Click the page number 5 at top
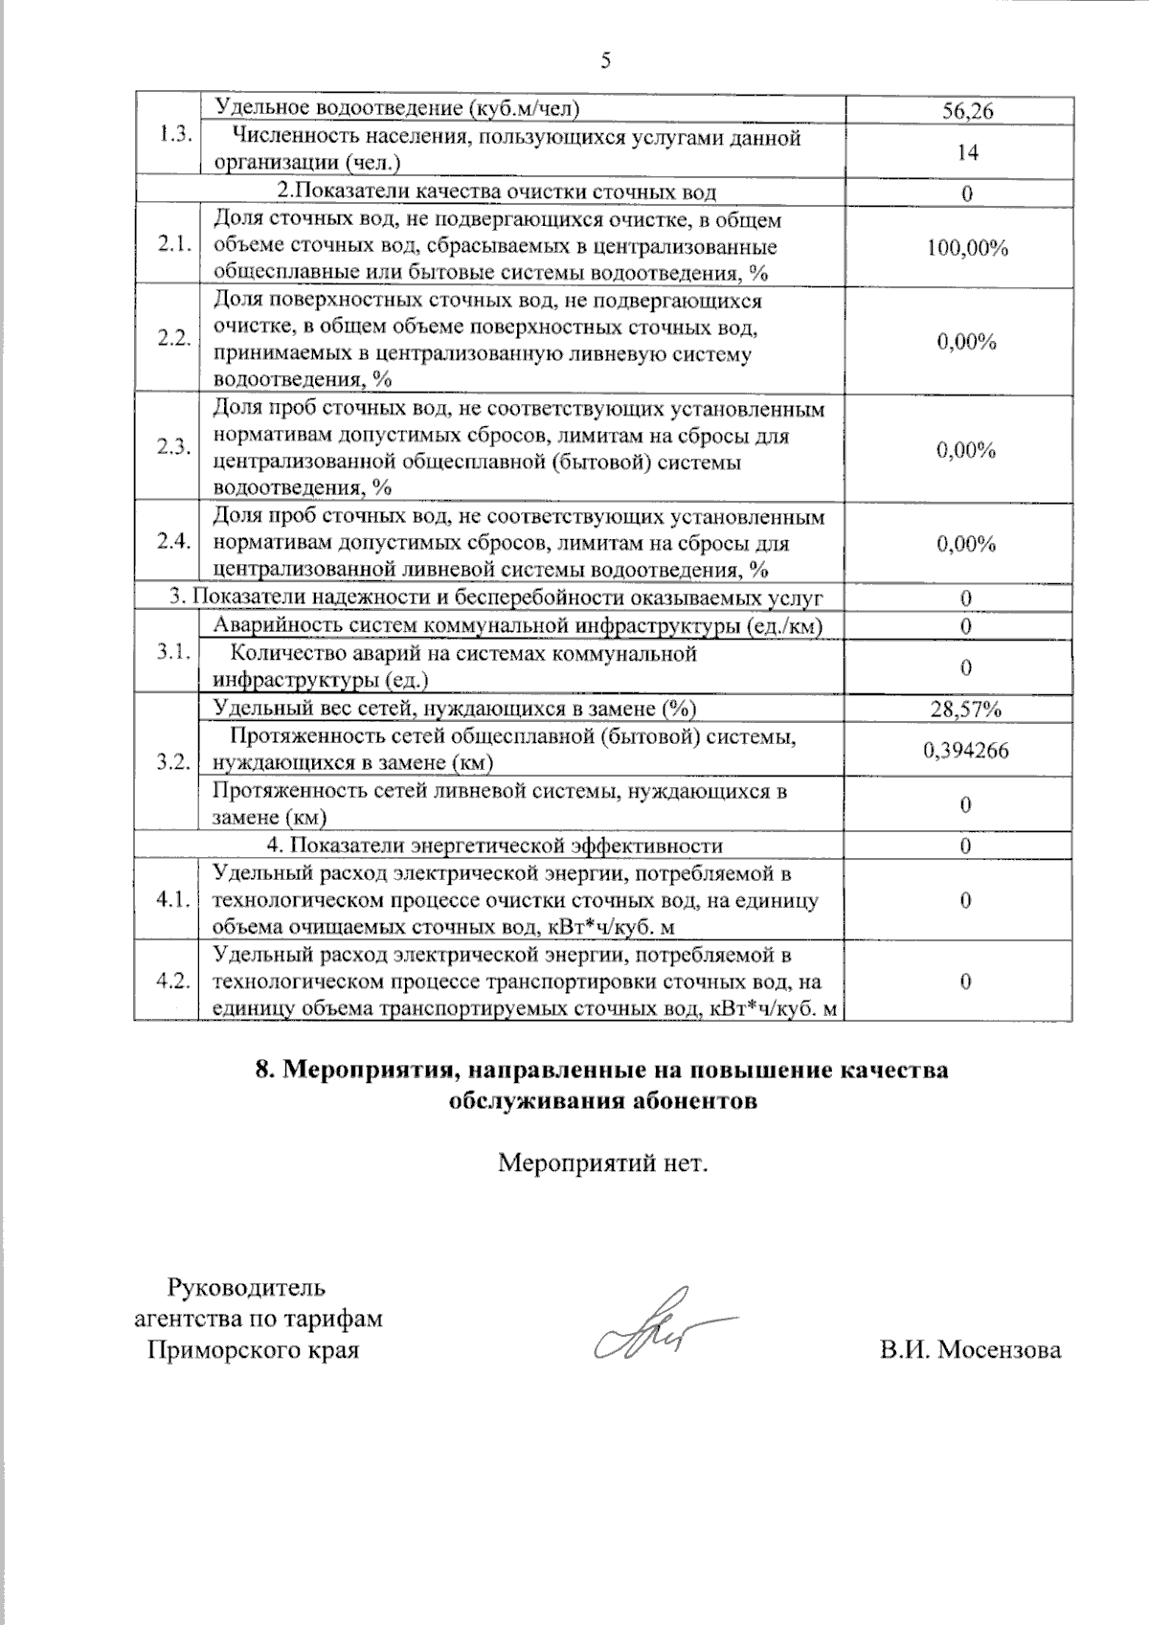tap(605, 61)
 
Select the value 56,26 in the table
tap(967, 111)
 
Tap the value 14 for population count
tap(967, 151)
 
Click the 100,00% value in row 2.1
tap(967, 248)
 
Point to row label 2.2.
tap(175, 340)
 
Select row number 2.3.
tap(175, 448)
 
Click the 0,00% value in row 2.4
tap(967, 544)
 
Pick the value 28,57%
tap(967, 710)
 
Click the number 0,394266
tap(967, 750)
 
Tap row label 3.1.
tap(175, 653)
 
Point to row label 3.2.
tap(175, 762)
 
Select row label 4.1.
tap(175, 900)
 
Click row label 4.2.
tap(175, 982)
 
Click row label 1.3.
tap(175, 134)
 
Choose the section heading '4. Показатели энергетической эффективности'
tap(493, 846)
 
